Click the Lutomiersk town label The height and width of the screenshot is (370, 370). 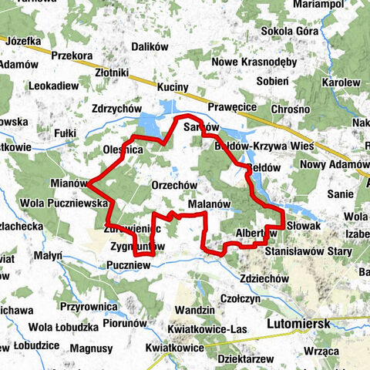coord(297,325)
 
